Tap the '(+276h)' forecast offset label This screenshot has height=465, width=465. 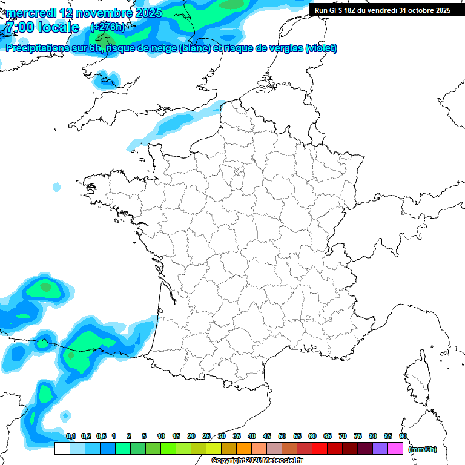pos(107,27)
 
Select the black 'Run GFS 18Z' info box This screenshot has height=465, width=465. pos(383,10)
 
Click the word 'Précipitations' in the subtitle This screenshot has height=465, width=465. pos(38,48)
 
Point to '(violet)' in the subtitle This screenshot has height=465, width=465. pos(322,48)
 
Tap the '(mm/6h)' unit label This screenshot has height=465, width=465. pos(423,449)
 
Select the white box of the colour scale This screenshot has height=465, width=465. pos(62,448)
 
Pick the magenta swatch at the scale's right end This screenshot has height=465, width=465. pos(395,448)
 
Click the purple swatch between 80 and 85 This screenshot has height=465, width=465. pos(380,448)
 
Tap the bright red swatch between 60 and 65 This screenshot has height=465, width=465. pos(320,448)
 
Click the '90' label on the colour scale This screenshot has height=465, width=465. pos(403,436)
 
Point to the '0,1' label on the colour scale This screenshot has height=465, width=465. pos(70,436)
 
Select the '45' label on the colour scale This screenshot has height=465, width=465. pos(267,436)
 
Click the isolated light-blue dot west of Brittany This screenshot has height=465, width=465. pos(56,188)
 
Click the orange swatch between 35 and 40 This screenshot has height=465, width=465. pos(244,448)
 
